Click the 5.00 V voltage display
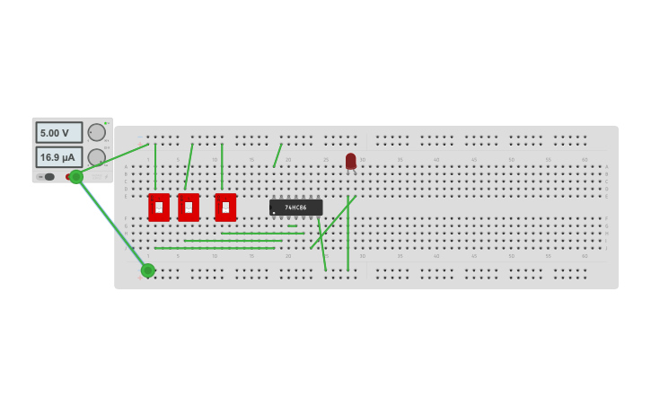[x=58, y=133]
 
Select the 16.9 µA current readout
[x=58, y=157]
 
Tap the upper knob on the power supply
[x=96, y=132]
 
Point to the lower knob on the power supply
[x=96, y=156]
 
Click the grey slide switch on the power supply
[x=48, y=177]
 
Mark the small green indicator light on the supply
[x=106, y=123]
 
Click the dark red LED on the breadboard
[x=350, y=161]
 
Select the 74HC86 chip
[x=295, y=208]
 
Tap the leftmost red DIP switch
[x=159, y=208]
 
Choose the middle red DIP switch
[x=189, y=208]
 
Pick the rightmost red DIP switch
[x=225, y=208]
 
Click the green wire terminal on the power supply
[x=76, y=176]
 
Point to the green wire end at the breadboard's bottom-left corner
[x=148, y=270]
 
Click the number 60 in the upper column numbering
[x=585, y=160]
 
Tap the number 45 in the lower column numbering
[x=474, y=255]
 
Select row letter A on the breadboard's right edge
[x=606, y=167]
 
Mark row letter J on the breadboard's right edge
[x=606, y=248]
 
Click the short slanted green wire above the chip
[x=277, y=155]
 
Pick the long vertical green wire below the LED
[x=347, y=234]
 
